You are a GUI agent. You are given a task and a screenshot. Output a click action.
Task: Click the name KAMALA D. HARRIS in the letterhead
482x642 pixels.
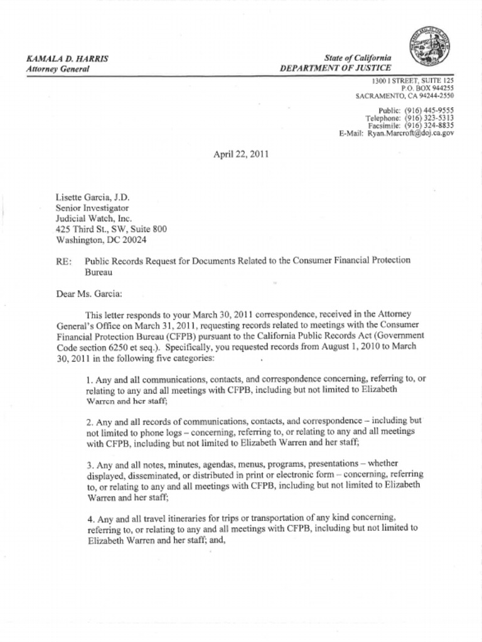[67, 58]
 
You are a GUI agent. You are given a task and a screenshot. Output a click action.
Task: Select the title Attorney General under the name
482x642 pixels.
[58, 68]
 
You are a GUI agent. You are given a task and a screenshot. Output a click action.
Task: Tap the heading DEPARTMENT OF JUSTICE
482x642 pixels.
[336, 68]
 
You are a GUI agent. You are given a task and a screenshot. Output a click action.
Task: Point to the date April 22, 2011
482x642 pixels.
[241, 153]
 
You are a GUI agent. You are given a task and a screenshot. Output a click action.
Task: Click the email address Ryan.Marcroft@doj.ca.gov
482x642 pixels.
[410, 133]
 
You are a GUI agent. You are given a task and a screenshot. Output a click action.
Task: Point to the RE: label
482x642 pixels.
[63, 260]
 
